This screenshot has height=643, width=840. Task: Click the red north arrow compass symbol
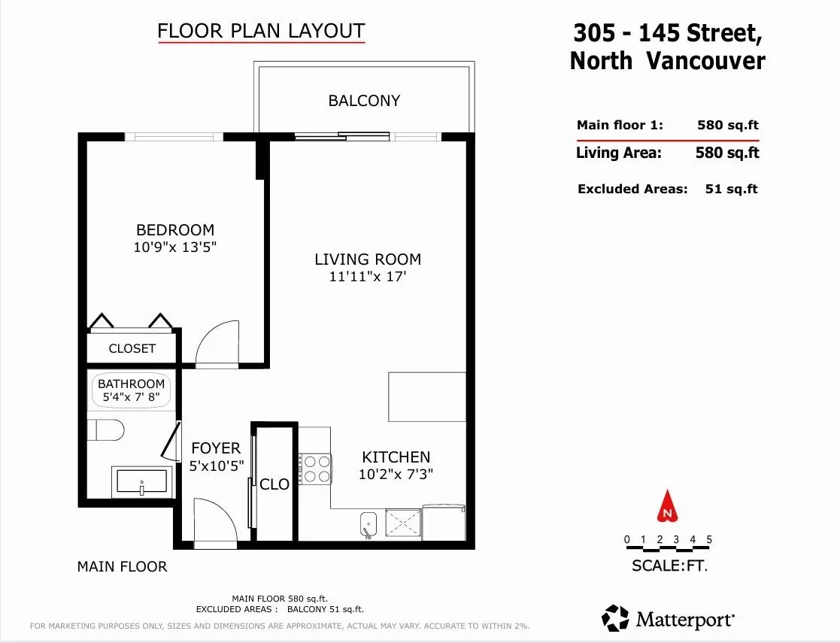667,506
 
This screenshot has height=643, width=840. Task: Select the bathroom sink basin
142,481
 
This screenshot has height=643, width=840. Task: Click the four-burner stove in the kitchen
316,469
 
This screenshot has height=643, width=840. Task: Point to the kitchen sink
368,523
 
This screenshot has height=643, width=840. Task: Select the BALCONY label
364,101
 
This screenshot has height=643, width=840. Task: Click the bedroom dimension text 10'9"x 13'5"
174,247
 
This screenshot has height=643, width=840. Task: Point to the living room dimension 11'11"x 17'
368,277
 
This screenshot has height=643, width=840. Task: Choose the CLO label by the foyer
274,484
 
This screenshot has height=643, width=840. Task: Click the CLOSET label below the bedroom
132,349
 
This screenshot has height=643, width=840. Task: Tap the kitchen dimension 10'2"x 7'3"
396,475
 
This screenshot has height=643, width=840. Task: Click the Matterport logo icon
615,618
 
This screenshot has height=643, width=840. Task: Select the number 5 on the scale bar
708,539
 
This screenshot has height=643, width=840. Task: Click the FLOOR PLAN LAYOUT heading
262,31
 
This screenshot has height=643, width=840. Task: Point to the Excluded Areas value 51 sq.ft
731,189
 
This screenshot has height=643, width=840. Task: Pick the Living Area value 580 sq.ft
727,153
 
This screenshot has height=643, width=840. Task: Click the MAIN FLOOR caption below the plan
122,566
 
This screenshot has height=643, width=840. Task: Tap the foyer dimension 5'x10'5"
217,466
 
